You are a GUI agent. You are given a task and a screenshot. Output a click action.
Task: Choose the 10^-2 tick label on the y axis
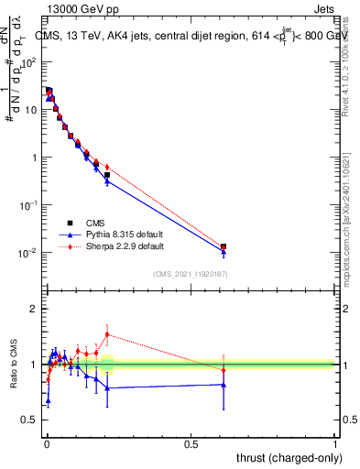[x=27, y=253]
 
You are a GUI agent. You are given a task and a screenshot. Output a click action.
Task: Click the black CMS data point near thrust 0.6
[x=224, y=246]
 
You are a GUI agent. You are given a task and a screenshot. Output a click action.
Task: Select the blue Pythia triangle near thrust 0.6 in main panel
[x=224, y=252]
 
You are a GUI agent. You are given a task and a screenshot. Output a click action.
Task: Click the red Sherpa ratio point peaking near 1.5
[x=107, y=333]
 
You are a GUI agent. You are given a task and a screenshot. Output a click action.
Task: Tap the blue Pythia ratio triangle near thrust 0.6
[x=224, y=385]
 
